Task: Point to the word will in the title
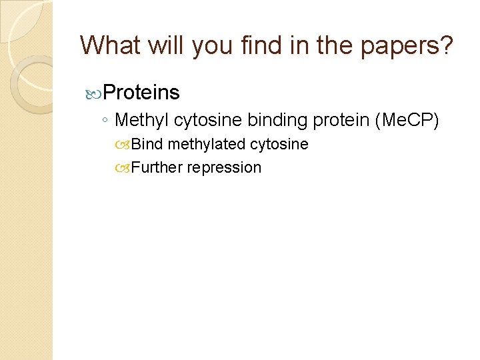click(x=171, y=45)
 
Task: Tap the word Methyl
click(x=142, y=120)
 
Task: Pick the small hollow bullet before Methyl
click(x=107, y=121)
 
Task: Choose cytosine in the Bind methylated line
click(x=279, y=144)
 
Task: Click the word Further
click(x=157, y=167)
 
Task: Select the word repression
click(x=224, y=167)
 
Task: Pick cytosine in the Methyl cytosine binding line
click(x=209, y=120)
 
